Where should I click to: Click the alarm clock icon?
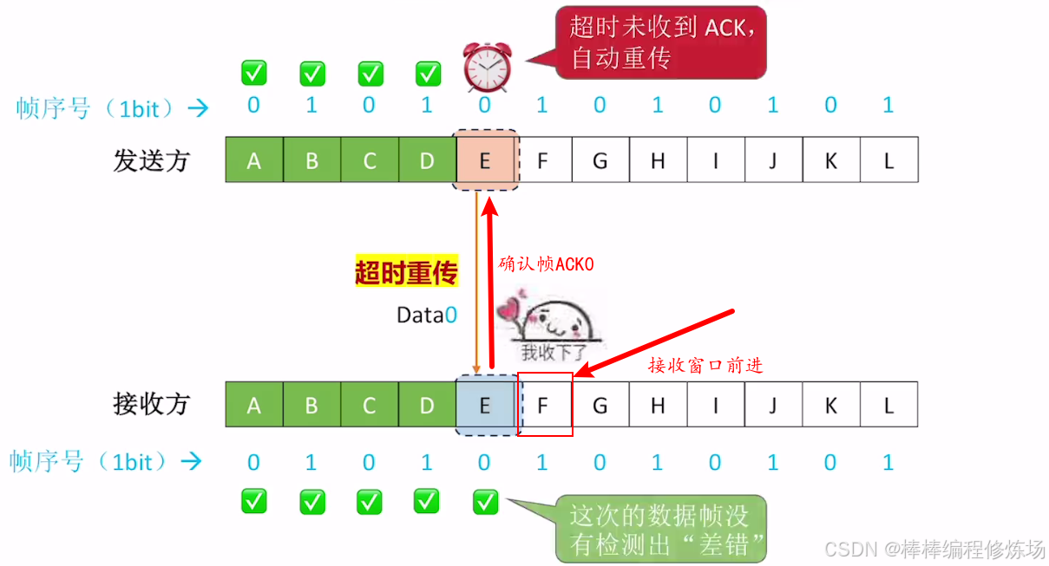[486, 67]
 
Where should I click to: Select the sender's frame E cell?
[485, 160]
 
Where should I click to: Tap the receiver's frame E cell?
[485, 405]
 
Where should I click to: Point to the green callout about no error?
[659, 529]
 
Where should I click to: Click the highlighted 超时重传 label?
[406, 273]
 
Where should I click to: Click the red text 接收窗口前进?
[705, 365]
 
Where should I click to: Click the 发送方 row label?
[151, 160]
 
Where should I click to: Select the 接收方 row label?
[151, 404]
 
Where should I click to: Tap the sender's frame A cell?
[254, 160]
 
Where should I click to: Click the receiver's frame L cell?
[888, 405]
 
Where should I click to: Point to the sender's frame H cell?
[658, 160]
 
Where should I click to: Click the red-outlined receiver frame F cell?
[544, 405]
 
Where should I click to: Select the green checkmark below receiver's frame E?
[485, 501]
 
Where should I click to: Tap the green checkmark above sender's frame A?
[253, 73]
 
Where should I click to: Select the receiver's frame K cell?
[830, 405]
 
